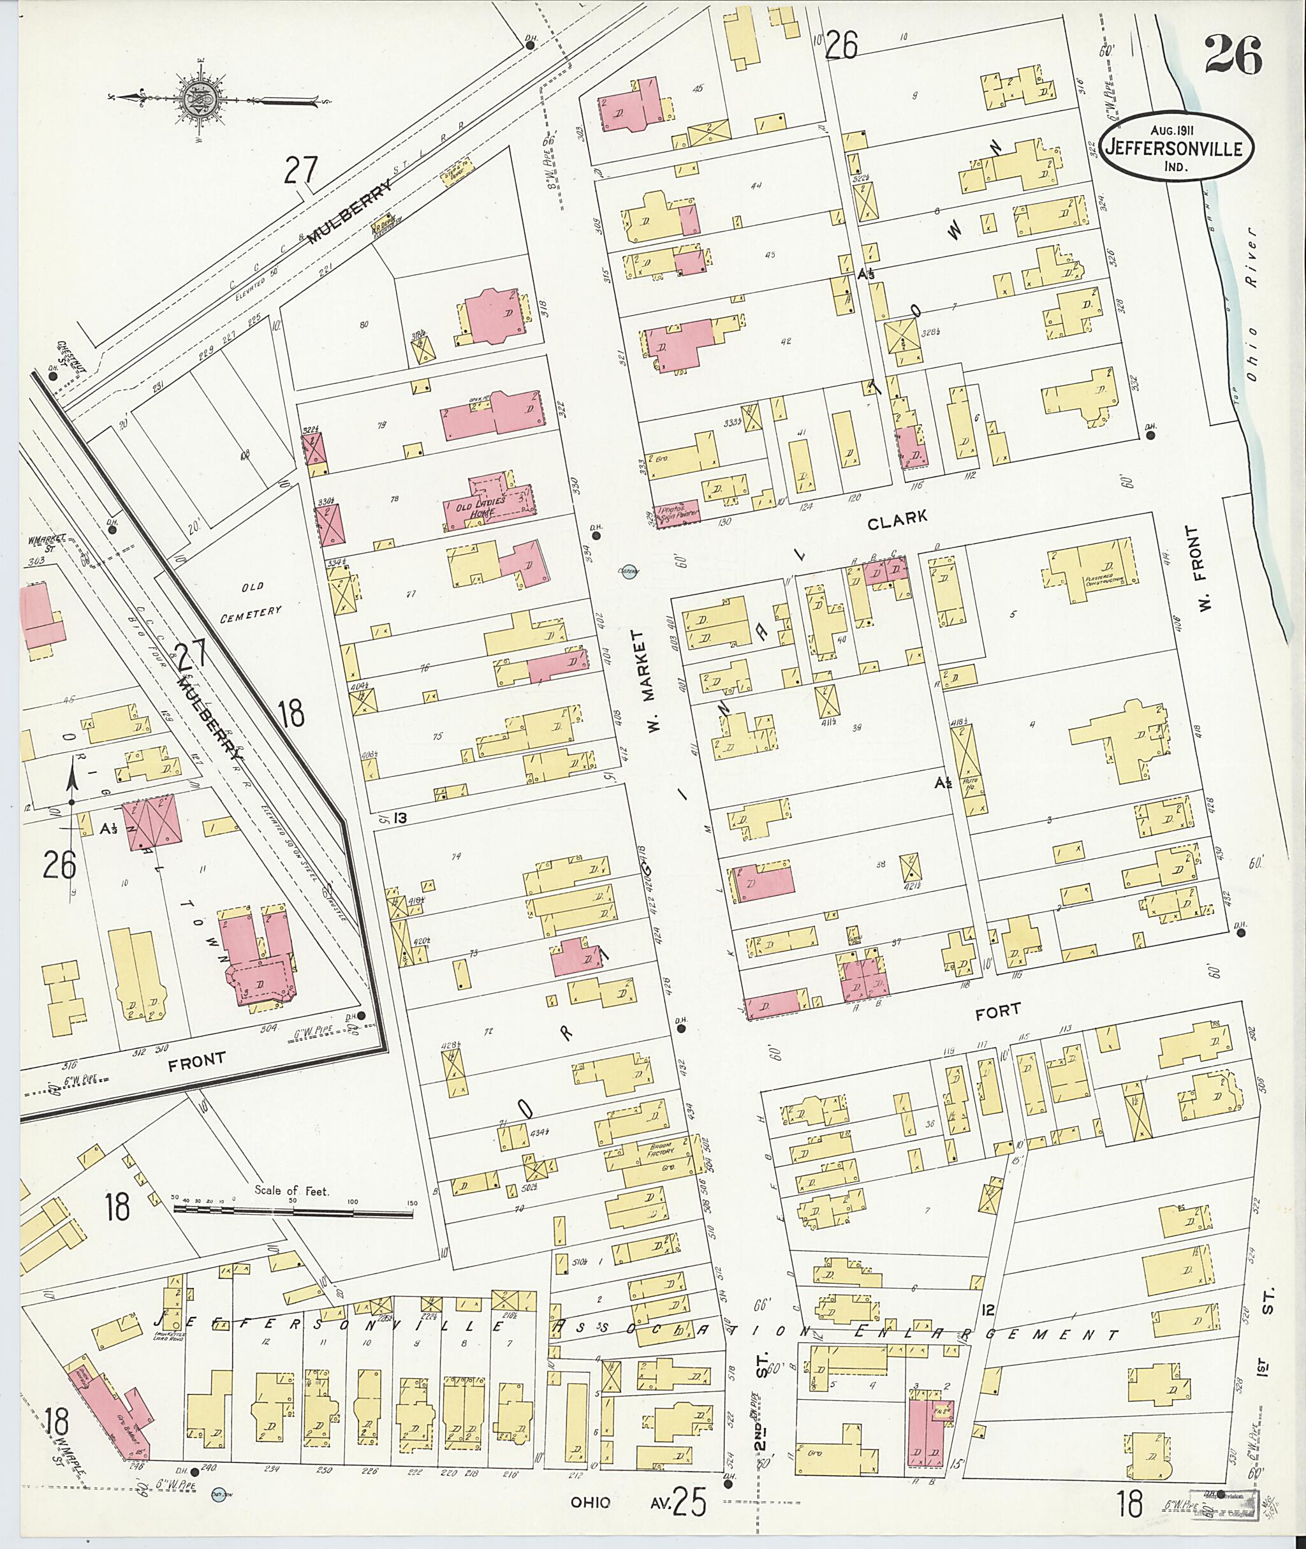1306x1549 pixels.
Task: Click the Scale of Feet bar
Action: (293, 1212)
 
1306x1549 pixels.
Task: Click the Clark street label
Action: (897, 520)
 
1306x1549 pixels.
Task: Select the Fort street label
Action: (997, 1009)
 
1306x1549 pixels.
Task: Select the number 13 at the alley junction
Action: (400, 818)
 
